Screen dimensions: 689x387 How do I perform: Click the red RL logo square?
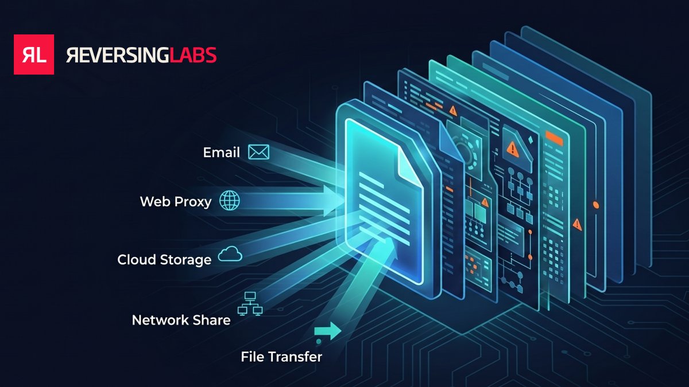[x=34, y=54]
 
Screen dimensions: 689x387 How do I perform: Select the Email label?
[x=221, y=153]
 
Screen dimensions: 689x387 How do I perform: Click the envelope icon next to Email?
[x=259, y=152]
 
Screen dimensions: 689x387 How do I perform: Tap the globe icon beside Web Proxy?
[x=230, y=200]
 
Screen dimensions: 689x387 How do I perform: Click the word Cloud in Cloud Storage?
[x=137, y=260]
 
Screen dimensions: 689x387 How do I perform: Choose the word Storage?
[x=185, y=260]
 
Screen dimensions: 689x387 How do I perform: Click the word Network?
[x=160, y=320]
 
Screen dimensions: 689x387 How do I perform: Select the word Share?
[x=212, y=320]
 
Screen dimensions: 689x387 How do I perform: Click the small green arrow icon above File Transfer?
[x=328, y=331]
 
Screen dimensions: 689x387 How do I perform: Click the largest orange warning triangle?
[x=512, y=149]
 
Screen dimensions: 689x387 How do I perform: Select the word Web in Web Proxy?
[x=156, y=201]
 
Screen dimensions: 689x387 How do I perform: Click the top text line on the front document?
[x=371, y=180]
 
